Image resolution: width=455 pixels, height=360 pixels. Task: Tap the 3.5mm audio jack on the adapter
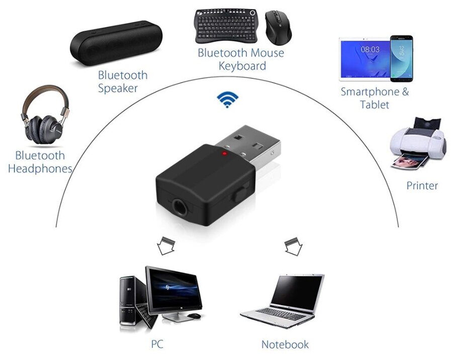pos(180,206)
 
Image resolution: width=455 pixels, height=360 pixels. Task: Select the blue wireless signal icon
pos(228,100)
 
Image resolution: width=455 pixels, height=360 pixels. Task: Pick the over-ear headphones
pos(43,117)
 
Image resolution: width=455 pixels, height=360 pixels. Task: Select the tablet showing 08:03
pos(365,57)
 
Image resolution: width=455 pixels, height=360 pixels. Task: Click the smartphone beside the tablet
pos(401,58)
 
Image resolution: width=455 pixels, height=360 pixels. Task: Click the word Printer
pos(422,186)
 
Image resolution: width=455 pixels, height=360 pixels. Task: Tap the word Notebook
pos(285,344)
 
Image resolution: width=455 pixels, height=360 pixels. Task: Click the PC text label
pos(157,344)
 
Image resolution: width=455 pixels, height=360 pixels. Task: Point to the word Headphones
pos(40,169)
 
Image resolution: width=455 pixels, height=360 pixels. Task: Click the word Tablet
pos(375,105)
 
